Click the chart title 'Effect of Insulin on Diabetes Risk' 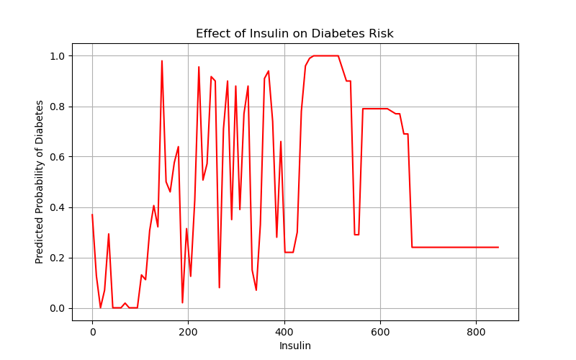294,34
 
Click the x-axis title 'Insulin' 294,346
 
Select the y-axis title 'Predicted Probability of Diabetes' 40,181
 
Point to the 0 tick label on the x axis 92,331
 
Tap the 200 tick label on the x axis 188,331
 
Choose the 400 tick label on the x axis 284,331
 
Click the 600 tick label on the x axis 380,331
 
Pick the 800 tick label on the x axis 476,331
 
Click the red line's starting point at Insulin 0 92,215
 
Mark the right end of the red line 498,247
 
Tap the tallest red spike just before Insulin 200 162,61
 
